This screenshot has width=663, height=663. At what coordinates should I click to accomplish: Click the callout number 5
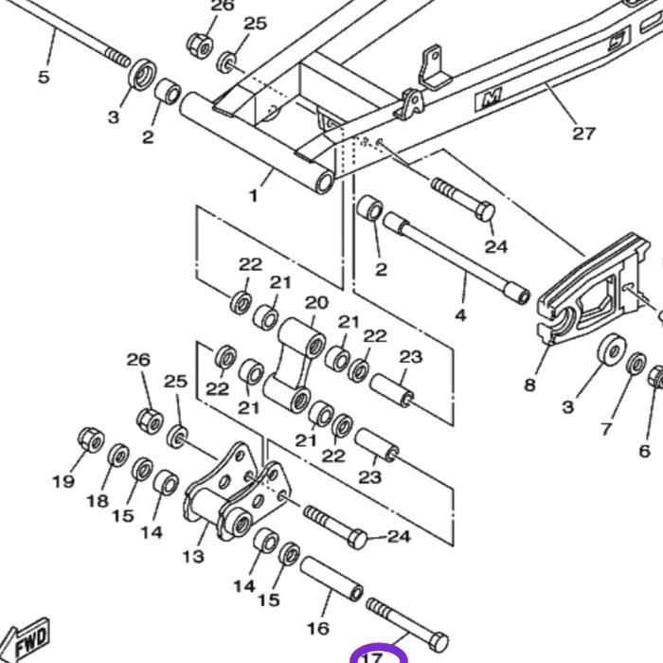pos(44,77)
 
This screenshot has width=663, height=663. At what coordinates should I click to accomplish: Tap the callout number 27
pos(584,133)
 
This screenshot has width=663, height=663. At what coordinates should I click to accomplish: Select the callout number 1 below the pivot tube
pos(253,196)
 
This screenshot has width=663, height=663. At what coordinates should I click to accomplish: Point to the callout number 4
pos(461,314)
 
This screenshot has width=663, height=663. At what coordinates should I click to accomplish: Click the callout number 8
pos(529,385)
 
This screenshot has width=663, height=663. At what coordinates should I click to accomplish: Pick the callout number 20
pos(316,303)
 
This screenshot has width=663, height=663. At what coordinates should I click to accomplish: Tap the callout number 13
pos(193,556)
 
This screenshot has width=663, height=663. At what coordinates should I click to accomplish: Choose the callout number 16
pos(318,627)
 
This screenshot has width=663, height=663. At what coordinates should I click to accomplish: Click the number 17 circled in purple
pos(371,656)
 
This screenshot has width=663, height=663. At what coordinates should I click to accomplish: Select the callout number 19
pos(63,481)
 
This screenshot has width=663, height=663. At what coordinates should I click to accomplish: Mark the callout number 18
pos(98,501)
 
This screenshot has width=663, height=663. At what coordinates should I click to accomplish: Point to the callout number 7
pos(606,429)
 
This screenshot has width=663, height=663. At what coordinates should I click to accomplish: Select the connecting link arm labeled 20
pos(294,365)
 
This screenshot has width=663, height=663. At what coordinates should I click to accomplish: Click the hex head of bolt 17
pos(438,642)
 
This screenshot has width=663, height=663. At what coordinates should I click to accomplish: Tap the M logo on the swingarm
pos(492,97)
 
